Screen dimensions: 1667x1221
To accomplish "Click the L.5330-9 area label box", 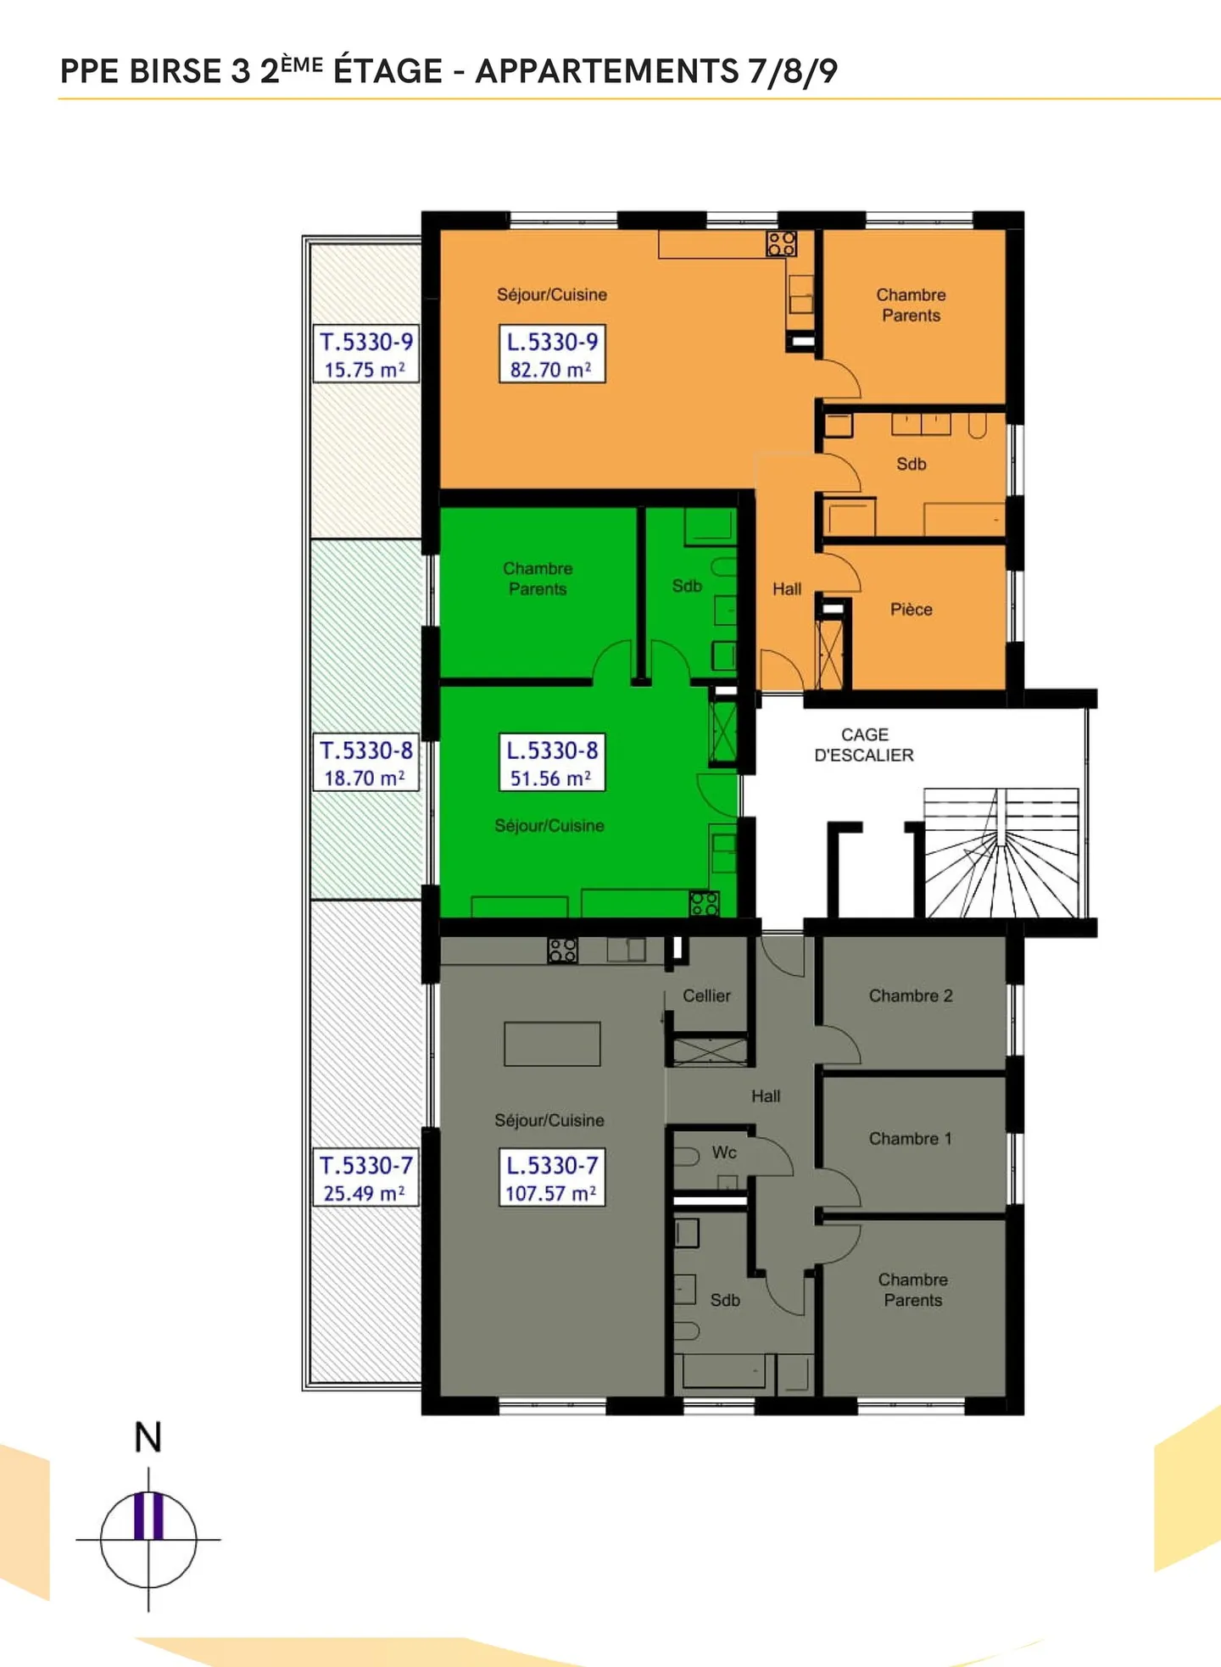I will pos(552,354).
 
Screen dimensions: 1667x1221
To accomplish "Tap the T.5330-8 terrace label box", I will pos(366,762).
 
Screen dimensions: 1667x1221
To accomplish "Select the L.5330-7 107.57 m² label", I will pos(552,1178).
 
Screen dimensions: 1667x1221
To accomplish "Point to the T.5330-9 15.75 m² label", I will pos(366,354).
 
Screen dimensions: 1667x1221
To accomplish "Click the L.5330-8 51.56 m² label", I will pos(552,762).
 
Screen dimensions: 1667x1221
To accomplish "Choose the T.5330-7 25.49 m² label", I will pos(366,1178).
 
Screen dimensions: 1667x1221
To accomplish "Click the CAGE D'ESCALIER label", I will pos(864,744).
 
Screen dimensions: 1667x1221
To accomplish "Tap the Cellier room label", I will pos(706,995).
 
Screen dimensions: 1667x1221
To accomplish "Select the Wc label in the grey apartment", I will pos(724,1152).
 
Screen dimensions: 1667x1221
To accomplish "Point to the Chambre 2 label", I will pos(911,995).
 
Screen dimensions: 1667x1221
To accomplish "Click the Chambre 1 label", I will pos(910,1139).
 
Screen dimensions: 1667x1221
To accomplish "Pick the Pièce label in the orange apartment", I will pos(911,610).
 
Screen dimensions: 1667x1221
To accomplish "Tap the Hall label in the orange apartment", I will pos(787,588).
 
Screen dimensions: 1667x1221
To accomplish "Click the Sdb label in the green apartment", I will pos(687,586).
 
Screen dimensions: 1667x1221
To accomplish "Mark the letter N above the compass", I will pos(148,1437).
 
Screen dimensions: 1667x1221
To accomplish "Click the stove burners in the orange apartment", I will pos(781,244).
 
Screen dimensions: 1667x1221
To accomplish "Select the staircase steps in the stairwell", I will pos(1001,856).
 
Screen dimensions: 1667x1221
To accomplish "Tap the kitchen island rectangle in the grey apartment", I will pos(552,1044).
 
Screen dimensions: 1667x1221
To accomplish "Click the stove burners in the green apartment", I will pos(704,904).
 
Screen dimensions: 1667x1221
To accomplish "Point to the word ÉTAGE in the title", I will pos(387,71).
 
